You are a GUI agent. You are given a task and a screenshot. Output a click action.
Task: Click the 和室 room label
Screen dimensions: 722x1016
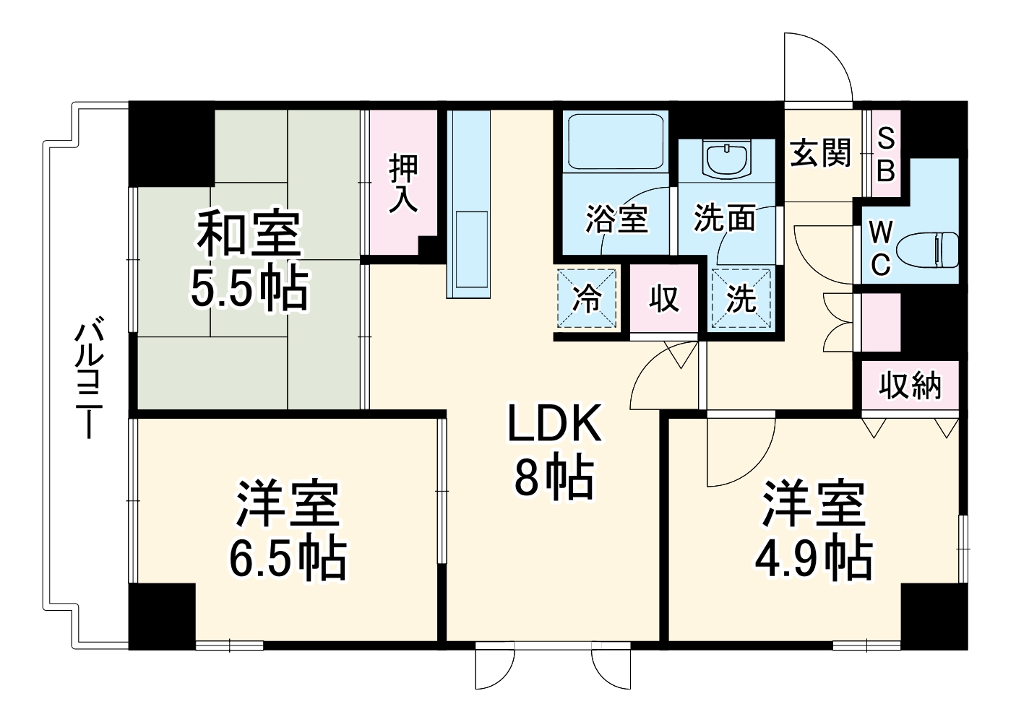[x=248, y=232]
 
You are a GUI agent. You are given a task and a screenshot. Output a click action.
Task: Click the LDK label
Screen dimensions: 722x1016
[x=554, y=424]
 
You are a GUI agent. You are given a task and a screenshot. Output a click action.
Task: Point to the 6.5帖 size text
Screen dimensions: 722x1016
[x=288, y=557]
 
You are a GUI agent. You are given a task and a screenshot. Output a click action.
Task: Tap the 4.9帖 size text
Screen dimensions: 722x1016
[x=814, y=557]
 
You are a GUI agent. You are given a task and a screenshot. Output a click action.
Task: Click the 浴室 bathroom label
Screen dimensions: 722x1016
[x=616, y=219]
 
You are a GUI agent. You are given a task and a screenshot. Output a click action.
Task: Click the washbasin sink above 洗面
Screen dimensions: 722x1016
[x=728, y=160]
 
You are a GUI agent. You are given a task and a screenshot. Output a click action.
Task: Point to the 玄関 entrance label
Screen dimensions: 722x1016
[x=820, y=152]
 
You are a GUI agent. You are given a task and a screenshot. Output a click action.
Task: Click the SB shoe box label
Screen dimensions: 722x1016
[x=886, y=154]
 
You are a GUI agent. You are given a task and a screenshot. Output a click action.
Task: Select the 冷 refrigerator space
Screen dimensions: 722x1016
[x=587, y=298]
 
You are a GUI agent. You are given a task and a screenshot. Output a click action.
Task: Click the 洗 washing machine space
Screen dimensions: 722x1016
[x=741, y=298]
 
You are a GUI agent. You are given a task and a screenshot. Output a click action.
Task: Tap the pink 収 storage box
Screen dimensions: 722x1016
[x=664, y=298]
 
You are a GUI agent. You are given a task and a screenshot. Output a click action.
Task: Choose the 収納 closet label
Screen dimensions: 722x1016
[x=910, y=386]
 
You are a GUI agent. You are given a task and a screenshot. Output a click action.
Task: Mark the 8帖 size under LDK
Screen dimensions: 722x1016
[x=554, y=477]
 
